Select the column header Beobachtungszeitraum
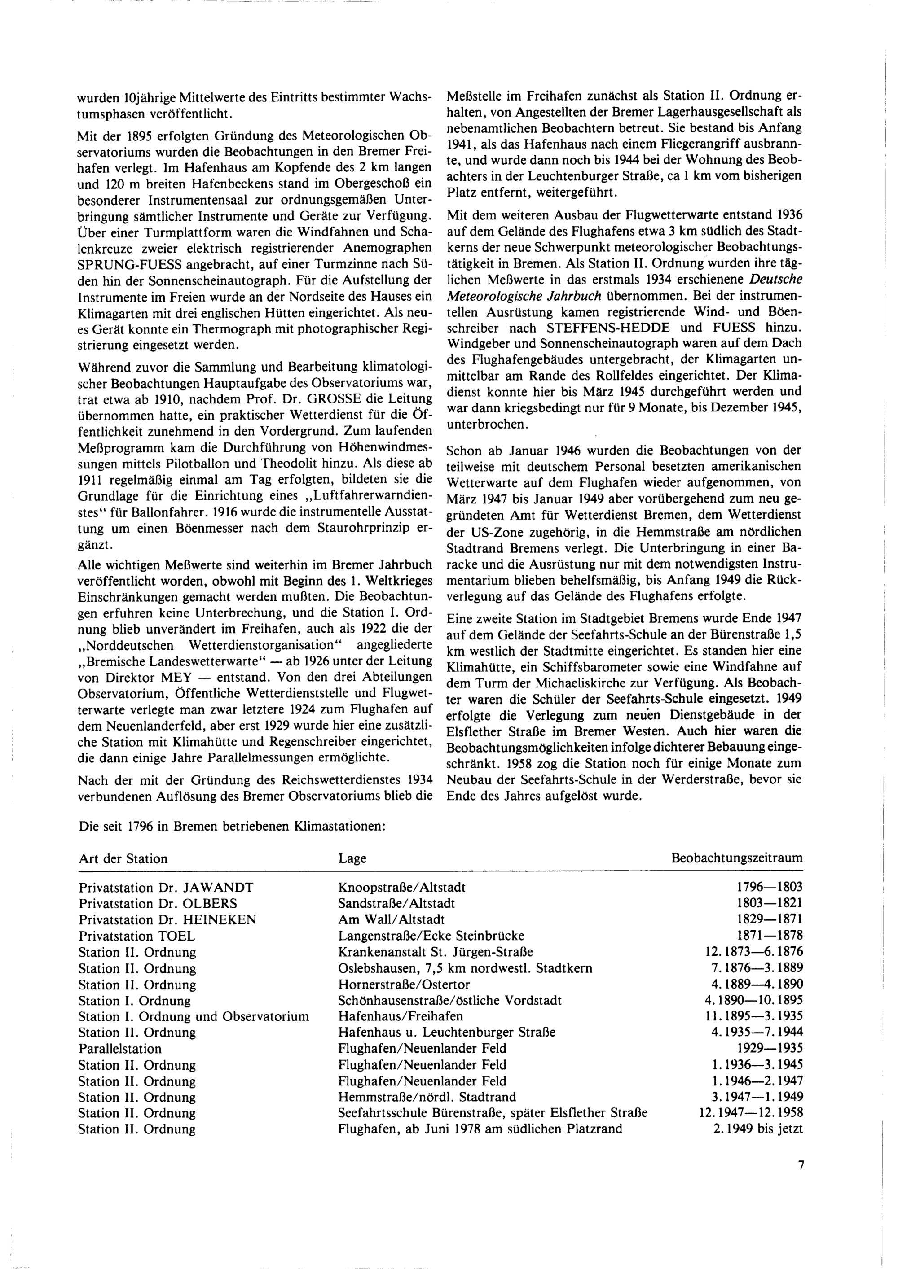pos(736,858)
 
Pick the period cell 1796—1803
pos(769,888)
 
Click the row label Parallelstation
pos(120,1049)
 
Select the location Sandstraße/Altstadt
pos(396,904)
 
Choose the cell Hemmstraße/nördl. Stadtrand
pos(427,1097)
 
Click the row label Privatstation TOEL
pos(136,936)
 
